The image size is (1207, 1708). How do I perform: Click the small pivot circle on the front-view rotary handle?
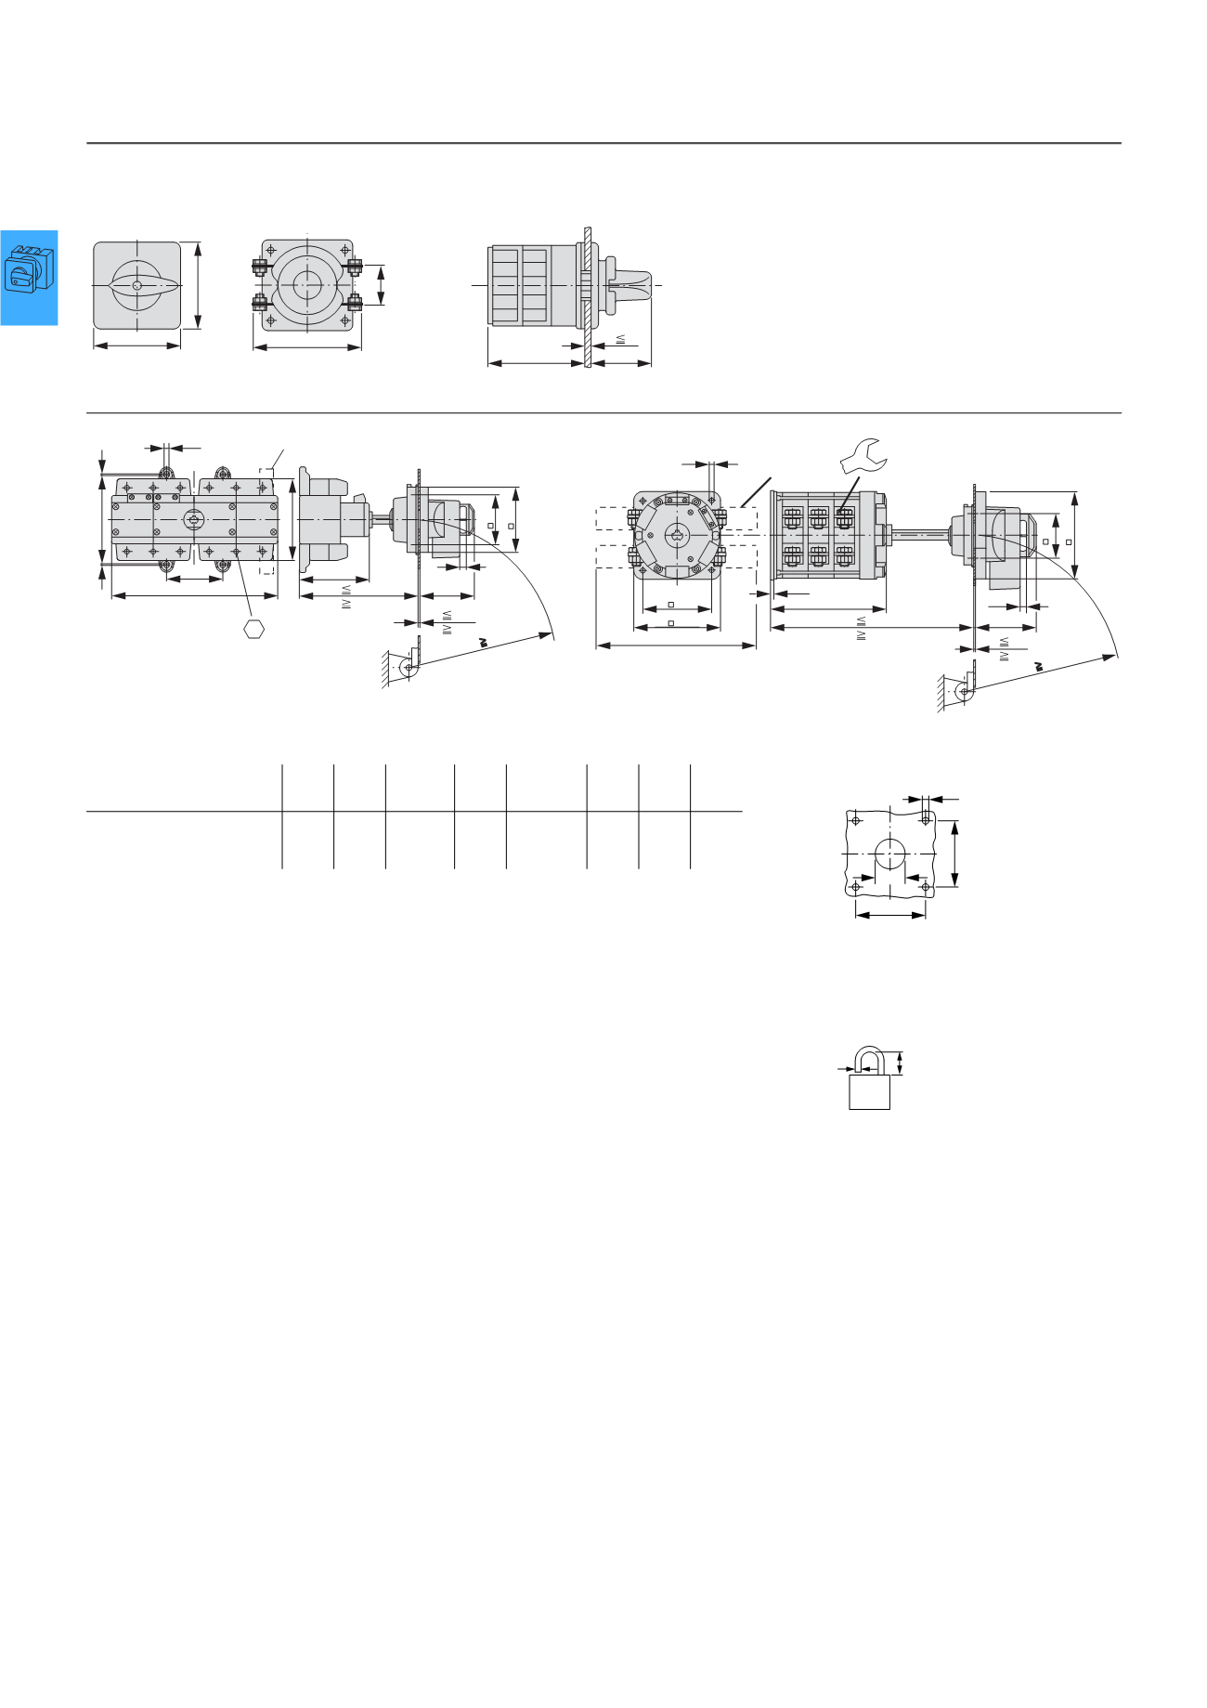point(136,286)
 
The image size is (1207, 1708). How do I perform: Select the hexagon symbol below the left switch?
point(253,629)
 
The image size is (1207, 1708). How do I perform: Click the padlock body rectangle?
point(869,1092)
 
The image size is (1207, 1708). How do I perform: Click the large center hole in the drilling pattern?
point(890,853)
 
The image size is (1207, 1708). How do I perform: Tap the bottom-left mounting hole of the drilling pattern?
point(856,888)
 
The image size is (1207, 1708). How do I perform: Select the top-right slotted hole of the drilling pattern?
point(926,819)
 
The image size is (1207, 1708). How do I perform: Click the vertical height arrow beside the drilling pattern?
point(955,853)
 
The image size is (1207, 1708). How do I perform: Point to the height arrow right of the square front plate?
point(197,284)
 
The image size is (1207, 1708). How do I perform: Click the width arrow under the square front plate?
point(137,346)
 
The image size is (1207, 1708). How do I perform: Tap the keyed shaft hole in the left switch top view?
point(193,519)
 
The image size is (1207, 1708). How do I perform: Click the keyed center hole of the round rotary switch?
point(677,535)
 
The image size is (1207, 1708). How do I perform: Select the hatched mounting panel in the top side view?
point(588,297)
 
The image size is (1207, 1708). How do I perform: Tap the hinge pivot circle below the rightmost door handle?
point(965,692)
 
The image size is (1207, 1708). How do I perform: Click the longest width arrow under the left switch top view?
point(194,595)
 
